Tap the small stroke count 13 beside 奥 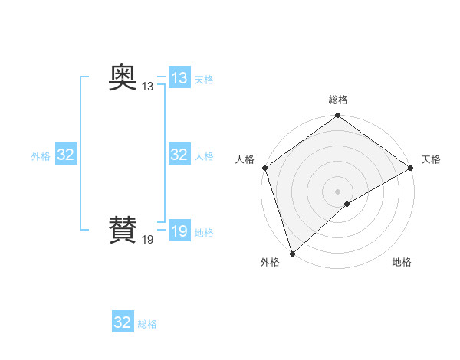147,87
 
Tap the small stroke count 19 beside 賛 147,240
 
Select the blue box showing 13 179,78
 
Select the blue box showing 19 179,231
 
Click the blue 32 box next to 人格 179,155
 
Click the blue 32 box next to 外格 66,155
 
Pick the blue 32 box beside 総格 123,322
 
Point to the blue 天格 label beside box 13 204,80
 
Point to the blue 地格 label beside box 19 204,233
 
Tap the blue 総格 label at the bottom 147,324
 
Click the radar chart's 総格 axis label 338,100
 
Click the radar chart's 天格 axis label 431,159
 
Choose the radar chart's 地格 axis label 402,262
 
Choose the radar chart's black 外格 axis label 270,262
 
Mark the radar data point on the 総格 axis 338,116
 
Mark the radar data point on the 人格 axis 265,168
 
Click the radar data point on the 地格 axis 347,204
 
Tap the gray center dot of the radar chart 338,191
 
